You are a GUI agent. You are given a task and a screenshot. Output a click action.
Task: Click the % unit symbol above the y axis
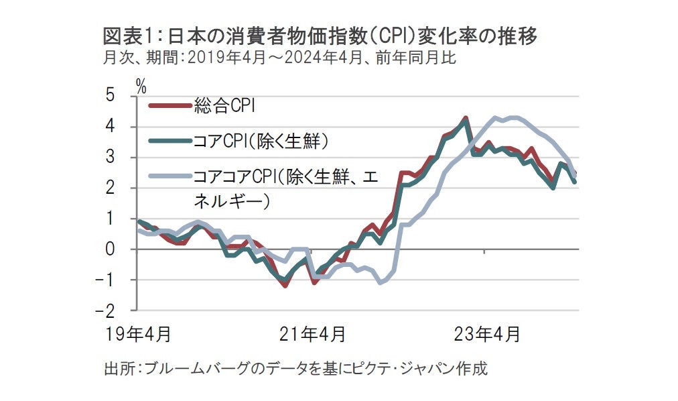coord(141,84)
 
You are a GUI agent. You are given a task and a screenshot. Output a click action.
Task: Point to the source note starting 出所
coord(295,368)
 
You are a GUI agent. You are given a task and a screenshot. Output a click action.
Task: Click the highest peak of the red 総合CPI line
coord(465,118)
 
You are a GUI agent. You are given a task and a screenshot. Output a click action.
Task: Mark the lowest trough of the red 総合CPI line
coord(285,286)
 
